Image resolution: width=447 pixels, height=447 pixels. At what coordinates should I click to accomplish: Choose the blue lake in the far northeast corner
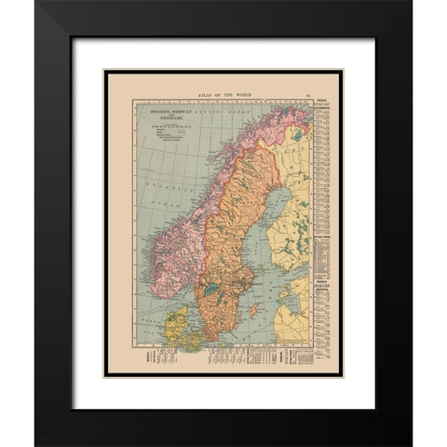(x=297, y=133)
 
